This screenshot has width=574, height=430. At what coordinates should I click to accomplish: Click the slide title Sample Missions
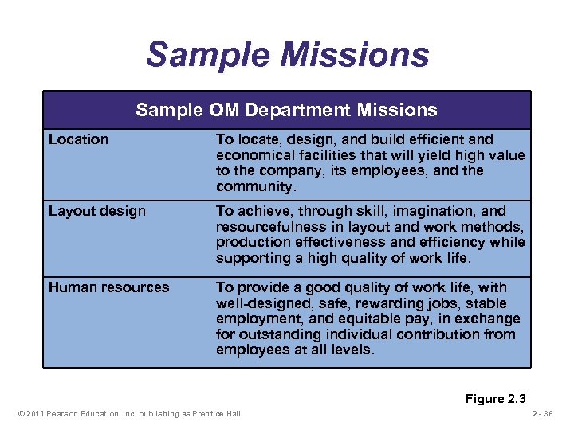coord(287,54)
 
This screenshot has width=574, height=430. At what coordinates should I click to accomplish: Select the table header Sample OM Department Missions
coord(286,110)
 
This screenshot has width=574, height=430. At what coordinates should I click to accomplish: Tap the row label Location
coord(78,139)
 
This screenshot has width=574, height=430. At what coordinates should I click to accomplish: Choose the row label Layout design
coord(97,211)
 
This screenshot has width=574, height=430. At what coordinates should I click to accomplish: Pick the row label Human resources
coord(108,287)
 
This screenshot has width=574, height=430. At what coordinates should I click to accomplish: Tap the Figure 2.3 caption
coord(495,399)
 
